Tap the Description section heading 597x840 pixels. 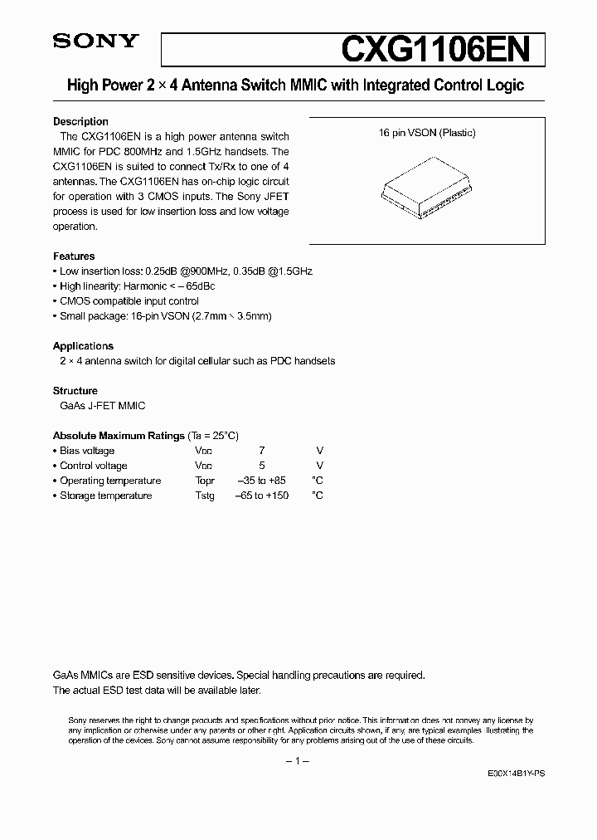coord(80,122)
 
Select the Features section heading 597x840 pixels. coord(74,256)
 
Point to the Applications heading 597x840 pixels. coord(83,346)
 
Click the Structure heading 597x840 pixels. coord(75,391)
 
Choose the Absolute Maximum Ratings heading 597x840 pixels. coord(119,436)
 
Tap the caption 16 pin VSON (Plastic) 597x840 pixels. coord(427,133)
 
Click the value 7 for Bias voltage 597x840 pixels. coord(262,451)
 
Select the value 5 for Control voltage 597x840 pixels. coord(262,466)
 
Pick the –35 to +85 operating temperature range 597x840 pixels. coord(262,481)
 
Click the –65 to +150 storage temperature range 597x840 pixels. coord(262,496)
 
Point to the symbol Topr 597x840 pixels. coord(205,481)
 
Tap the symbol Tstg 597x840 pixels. coord(205,496)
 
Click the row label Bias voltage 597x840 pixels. coord(87,451)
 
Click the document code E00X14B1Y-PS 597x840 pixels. coord(517,773)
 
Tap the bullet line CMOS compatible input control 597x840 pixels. coord(129,301)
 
